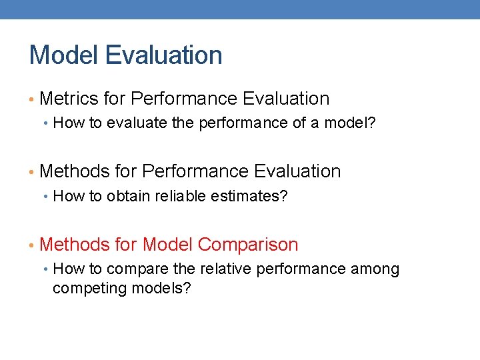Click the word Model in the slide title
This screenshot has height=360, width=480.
pos(63,55)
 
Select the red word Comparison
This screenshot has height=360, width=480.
pos(248,245)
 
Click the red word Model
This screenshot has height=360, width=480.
pos(167,245)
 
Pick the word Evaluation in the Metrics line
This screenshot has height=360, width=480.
pos(286,99)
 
